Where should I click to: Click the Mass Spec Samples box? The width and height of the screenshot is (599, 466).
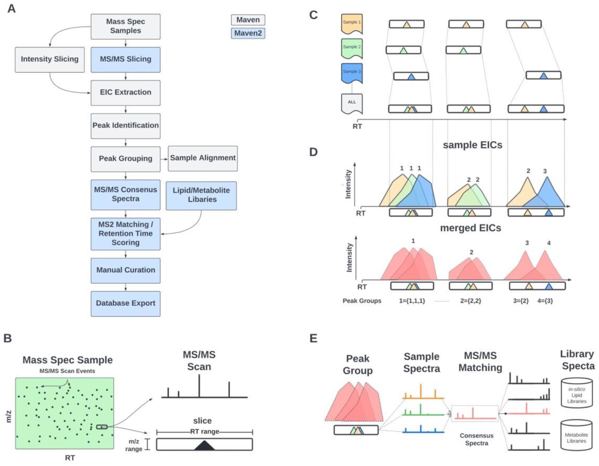[125, 26]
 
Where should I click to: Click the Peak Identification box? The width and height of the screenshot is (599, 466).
[125, 126]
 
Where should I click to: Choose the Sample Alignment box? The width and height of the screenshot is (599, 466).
[203, 158]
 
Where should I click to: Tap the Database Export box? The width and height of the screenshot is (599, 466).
[125, 303]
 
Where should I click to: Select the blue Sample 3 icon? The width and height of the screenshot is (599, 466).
[352, 73]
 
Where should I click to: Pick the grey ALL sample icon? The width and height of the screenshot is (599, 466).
[352, 103]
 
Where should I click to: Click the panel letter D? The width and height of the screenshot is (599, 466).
[313, 152]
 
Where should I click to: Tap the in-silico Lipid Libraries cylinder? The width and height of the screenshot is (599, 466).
[577, 393]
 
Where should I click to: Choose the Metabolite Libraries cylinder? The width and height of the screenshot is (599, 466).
[576, 435]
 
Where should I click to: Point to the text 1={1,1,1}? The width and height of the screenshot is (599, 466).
[412, 301]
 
